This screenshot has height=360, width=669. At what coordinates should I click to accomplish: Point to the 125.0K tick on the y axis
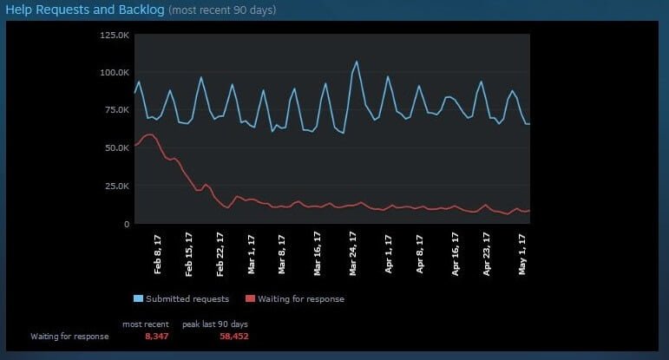click(115, 35)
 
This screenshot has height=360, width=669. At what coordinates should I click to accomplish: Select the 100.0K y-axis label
click(115, 72)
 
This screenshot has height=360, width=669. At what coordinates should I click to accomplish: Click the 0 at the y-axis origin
click(127, 224)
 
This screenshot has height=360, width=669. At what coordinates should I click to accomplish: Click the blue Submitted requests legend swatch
click(139, 299)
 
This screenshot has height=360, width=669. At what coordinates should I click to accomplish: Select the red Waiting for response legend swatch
click(251, 299)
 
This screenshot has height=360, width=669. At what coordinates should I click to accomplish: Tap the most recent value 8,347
click(157, 336)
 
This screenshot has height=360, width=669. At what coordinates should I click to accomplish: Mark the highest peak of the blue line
click(357, 62)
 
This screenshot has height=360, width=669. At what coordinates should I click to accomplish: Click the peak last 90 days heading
click(214, 324)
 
